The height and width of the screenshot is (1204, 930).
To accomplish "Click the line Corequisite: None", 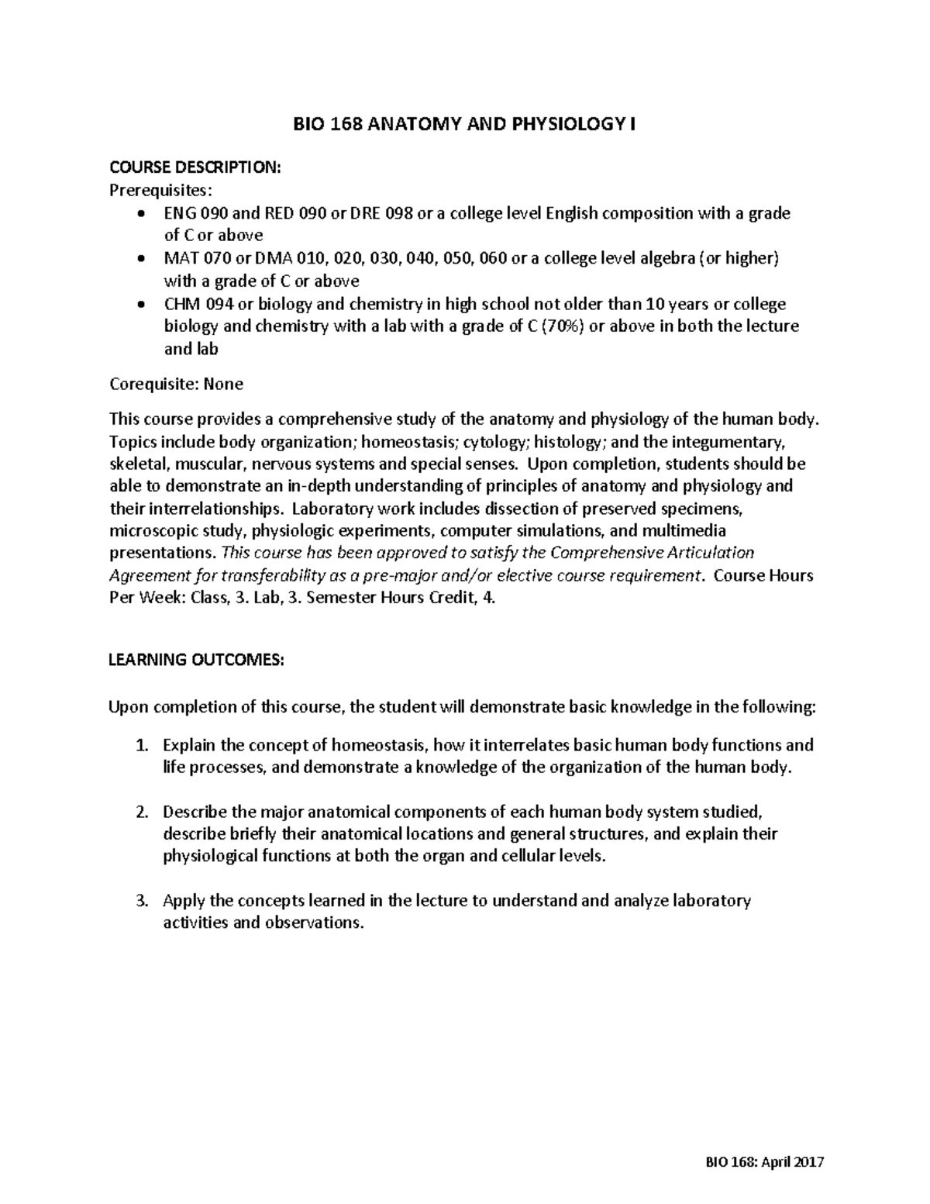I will tap(176, 384).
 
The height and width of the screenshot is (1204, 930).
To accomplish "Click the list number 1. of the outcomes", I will tap(141, 745).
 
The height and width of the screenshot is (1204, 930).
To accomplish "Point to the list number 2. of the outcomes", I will tap(141, 812).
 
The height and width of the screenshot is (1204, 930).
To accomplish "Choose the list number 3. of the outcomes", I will tap(141, 901).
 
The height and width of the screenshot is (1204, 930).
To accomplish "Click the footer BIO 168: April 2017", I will tap(763, 1162).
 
